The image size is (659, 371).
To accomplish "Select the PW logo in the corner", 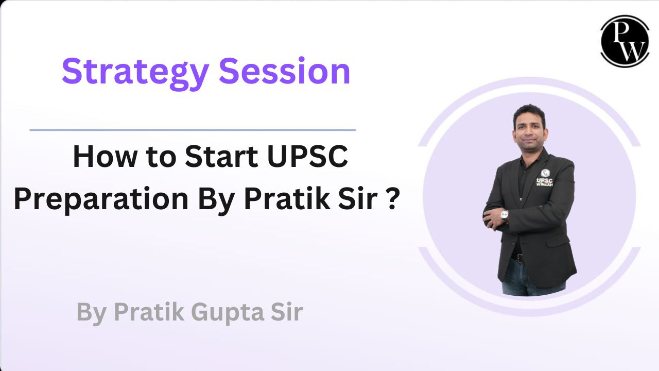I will [625, 41].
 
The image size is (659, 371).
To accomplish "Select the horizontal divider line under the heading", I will [193, 130].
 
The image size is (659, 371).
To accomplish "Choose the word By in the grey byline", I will [91, 312].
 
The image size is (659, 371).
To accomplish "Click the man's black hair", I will [529, 111].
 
